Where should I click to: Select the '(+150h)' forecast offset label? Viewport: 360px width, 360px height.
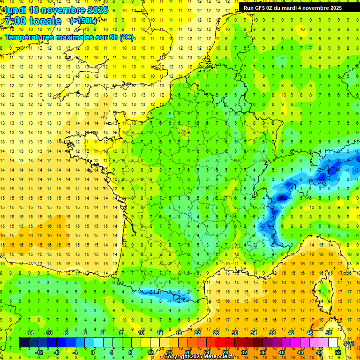(83, 21)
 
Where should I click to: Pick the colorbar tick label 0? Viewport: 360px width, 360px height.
(93, 352)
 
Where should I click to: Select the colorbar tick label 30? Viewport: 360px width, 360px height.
(234, 333)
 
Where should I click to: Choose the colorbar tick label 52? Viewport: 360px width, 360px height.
(338, 352)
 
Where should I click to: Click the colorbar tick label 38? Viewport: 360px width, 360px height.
(272, 333)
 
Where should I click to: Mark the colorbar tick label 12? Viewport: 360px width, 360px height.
(150, 352)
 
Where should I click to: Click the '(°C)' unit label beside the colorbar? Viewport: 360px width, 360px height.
(349, 343)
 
